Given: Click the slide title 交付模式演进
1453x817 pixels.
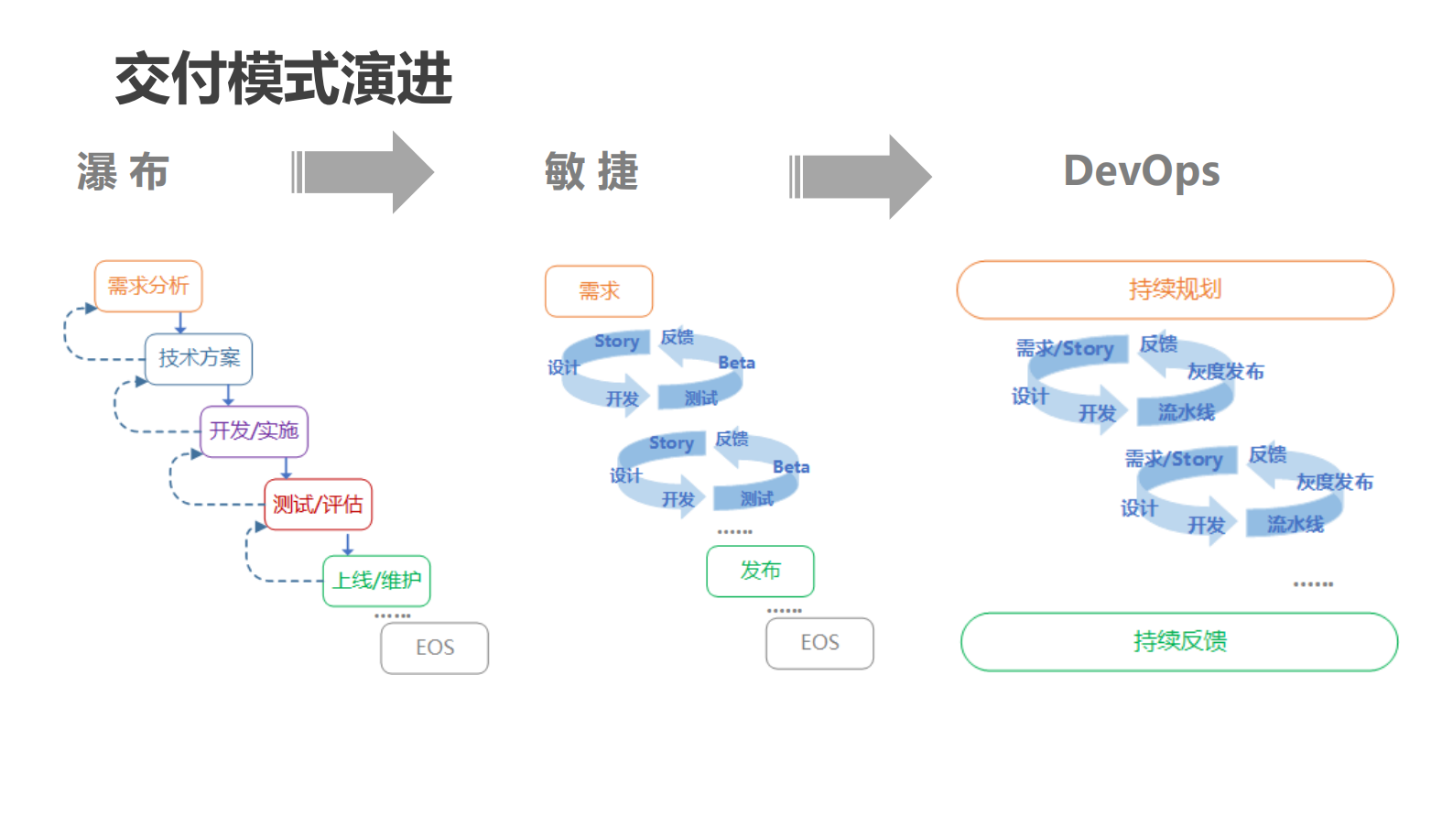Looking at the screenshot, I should pos(283,79).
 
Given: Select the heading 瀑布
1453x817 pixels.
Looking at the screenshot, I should pos(123,172).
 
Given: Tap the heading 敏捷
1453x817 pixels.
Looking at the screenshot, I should pos(591,172).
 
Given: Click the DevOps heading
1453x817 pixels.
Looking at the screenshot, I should pos(1141,171).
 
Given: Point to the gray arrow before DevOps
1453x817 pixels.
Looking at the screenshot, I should pos(861,177).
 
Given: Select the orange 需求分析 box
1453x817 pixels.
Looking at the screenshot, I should pos(148,287).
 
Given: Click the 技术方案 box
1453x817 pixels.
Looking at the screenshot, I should pos(199,358).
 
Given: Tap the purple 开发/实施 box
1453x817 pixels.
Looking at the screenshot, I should pos(254,431).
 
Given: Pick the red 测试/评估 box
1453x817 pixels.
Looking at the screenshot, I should pos(318,505).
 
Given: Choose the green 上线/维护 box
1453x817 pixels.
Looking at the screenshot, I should pos(376,581).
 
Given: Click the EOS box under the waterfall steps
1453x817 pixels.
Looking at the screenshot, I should pos(435,648).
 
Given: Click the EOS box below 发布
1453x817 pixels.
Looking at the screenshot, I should pos(819,643).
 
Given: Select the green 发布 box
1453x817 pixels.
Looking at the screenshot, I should pos(760,571).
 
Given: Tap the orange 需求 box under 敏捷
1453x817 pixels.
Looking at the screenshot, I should pos(599,291).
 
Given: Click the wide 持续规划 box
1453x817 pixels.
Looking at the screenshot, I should pos(1175,289).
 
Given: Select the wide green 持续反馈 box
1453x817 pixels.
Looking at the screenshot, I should pos(1179,641).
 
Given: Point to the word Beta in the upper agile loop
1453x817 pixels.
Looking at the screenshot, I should pos(736,363).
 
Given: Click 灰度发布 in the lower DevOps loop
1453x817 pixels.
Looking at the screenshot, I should pos(1334,482).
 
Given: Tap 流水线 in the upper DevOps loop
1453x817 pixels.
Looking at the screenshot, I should pos(1186,412).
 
